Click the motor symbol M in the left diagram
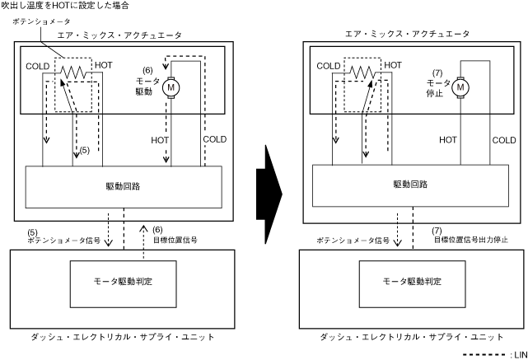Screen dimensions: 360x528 pos(171,86)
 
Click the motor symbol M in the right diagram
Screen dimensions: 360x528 pos(461,86)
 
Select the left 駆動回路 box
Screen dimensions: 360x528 pos(124,186)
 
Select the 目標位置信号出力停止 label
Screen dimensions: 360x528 pos(470,239)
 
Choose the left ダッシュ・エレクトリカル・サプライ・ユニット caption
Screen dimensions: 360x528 pos(123,337)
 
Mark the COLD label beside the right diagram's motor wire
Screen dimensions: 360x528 pos(504,140)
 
